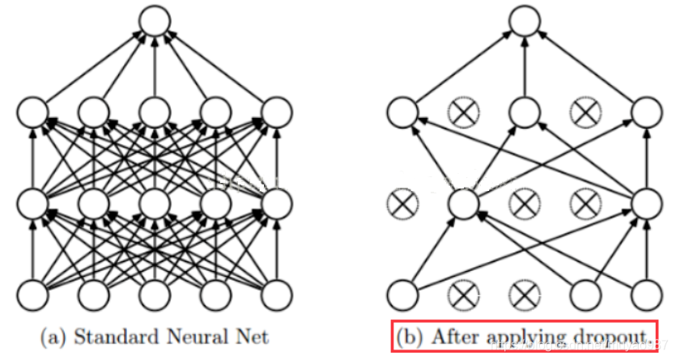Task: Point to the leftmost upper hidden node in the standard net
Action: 32,113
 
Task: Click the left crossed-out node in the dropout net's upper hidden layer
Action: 464,113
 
